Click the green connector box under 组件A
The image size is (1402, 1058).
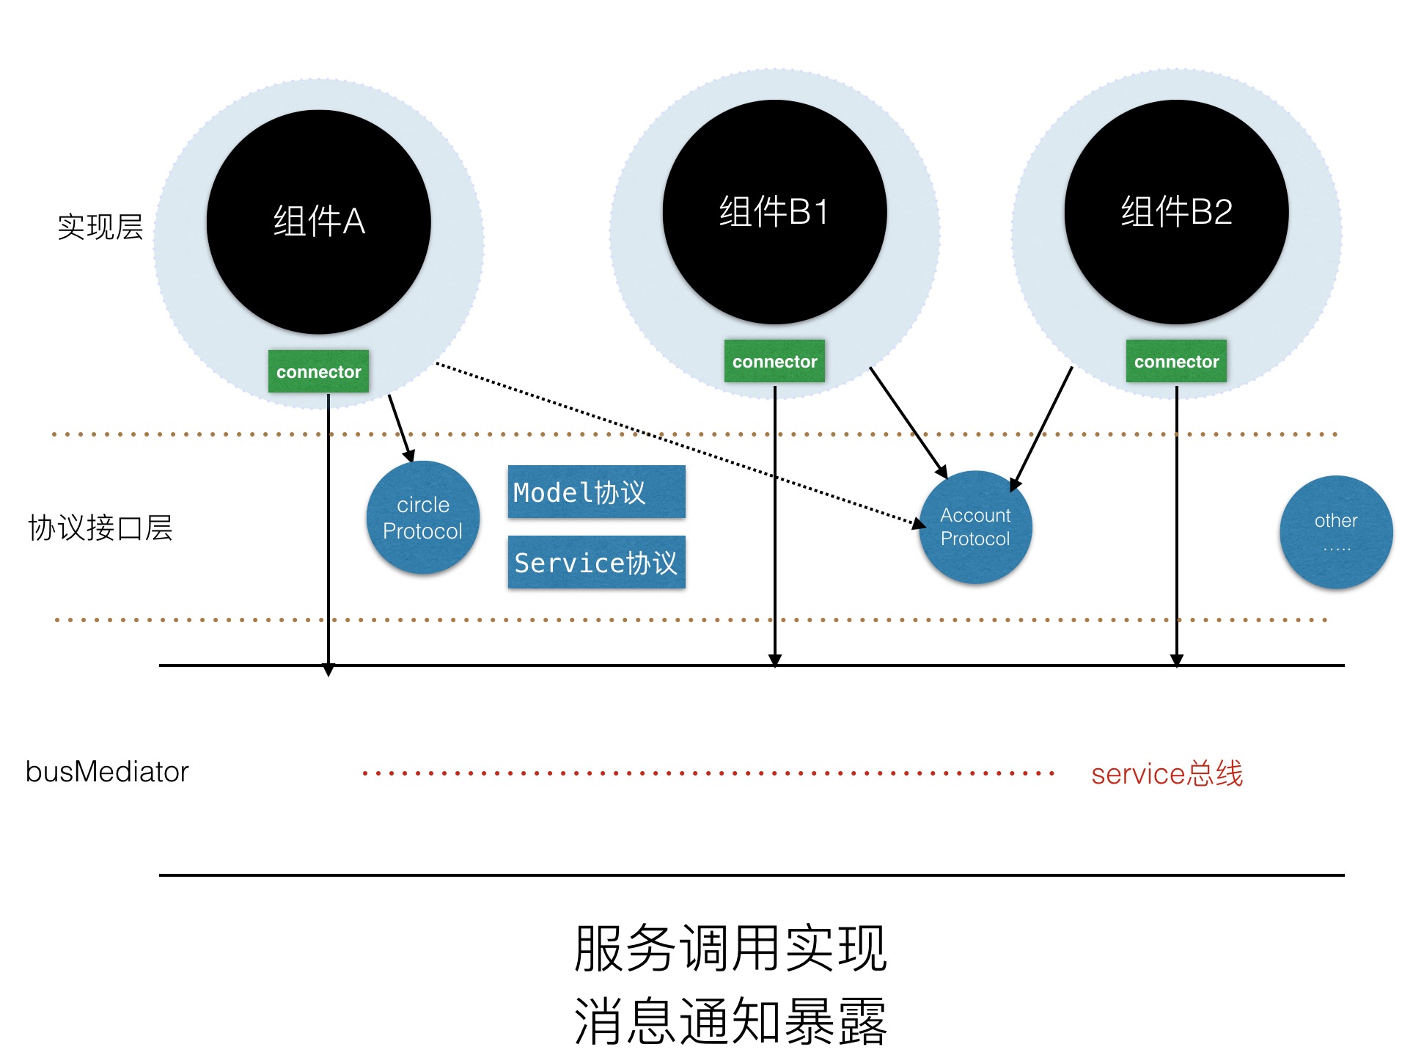pyautogui.click(x=318, y=371)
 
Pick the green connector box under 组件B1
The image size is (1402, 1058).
pyautogui.click(x=774, y=361)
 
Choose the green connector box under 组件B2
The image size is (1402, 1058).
pyautogui.click(x=1176, y=361)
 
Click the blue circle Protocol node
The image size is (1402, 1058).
pyautogui.click(x=423, y=517)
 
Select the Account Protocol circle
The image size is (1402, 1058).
pyautogui.click(x=975, y=527)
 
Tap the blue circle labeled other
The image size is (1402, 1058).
pyautogui.click(x=1336, y=532)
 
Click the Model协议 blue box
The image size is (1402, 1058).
pyautogui.click(x=596, y=492)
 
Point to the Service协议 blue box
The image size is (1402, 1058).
pyautogui.click(x=596, y=562)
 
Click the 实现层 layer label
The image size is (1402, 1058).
pyautogui.click(x=100, y=227)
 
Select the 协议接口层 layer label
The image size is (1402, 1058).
pyautogui.click(x=100, y=528)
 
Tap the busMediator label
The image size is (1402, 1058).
pyautogui.click(x=107, y=772)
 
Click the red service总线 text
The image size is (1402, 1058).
pyautogui.click(x=1167, y=773)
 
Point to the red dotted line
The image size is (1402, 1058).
pyautogui.click(x=708, y=773)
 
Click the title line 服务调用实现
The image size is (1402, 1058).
pyautogui.click(x=730, y=948)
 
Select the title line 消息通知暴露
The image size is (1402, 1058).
pyautogui.click(x=730, y=1021)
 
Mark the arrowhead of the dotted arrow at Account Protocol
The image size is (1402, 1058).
pyautogui.click(x=920, y=523)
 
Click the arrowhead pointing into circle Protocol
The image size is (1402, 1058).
pyautogui.click(x=409, y=456)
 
